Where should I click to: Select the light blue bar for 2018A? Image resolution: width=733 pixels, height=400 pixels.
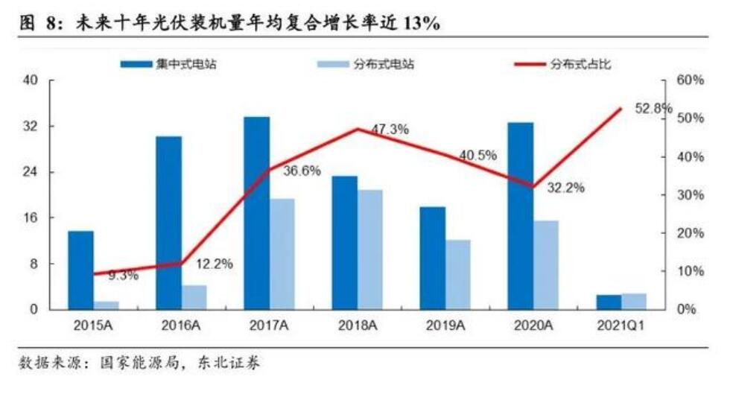[370, 250]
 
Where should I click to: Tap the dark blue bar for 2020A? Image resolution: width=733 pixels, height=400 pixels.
[521, 216]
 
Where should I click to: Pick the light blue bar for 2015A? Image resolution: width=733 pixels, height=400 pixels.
[107, 305]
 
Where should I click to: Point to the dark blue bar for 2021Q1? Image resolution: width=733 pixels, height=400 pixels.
[609, 302]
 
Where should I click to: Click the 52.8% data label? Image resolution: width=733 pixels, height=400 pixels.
[653, 109]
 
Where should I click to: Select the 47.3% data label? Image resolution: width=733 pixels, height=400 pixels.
[390, 130]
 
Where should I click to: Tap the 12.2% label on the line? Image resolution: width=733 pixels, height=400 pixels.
[215, 263]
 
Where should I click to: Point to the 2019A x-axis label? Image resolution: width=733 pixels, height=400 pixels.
[445, 326]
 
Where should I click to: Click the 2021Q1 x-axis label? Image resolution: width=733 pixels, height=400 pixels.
[620, 326]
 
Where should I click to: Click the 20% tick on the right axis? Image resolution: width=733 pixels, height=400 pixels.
[690, 233]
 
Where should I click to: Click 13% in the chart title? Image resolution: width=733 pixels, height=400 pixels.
[421, 24]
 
